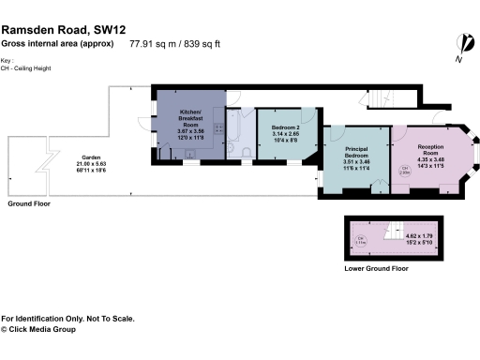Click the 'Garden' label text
(x=91, y=157)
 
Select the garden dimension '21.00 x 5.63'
(x=91, y=163)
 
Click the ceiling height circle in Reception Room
(x=404, y=171)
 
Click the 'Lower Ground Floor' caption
(x=376, y=269)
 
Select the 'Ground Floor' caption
(x=29, y=203)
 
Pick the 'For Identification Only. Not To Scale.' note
(x=67, y=319)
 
